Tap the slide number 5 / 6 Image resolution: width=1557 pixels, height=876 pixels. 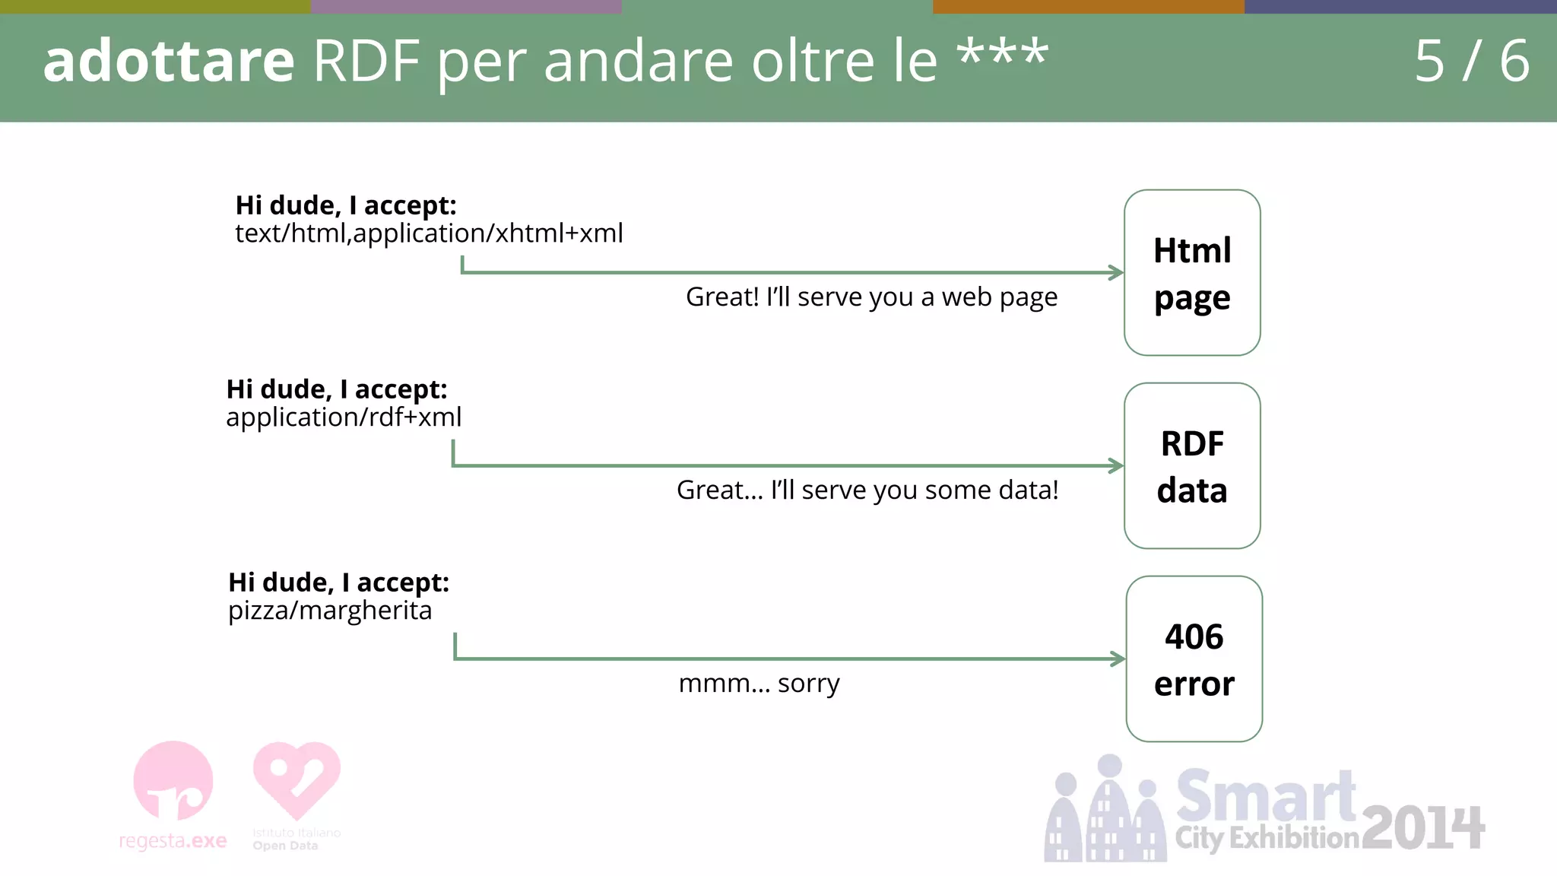coord(1471,61)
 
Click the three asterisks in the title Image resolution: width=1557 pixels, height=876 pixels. coord(1003,53)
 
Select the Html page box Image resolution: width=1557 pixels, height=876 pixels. coord(1192,272)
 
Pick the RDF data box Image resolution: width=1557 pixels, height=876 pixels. coord(1192,465)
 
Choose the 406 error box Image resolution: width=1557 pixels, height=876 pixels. coord(1194,659)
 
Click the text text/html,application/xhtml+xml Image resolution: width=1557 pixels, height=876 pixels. coord(429,233)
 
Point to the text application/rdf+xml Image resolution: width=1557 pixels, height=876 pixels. coord(344,417)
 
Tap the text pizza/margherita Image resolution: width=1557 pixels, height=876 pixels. coord(330,611)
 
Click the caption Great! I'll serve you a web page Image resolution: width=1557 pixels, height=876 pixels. coord(871,297)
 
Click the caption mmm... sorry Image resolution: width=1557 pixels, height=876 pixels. coord(759,683)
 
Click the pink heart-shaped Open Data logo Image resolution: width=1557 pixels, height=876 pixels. coord(296,779)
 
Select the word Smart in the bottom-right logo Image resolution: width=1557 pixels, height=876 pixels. coord(1266,795)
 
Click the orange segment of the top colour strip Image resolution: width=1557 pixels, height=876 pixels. coord(1088,6)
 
